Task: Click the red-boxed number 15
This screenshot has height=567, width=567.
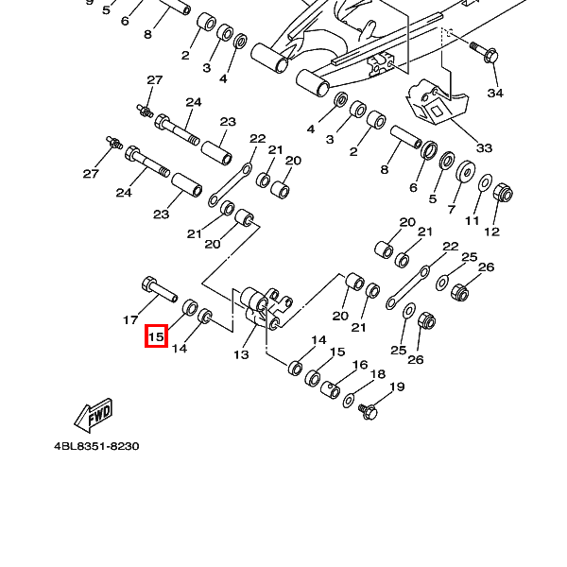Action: (x=156, y=335)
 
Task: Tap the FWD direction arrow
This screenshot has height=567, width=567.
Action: (x=94, y=413)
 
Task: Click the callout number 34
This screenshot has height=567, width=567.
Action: (x=495, y=94)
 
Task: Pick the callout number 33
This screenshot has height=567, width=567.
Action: (x=484, y=148)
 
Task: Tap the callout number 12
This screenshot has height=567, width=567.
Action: (x=491, y=232)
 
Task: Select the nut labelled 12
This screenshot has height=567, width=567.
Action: (x=504, y=196)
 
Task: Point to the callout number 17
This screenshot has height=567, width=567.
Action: (x=131, y=321)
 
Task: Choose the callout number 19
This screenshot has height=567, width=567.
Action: (x=397, y=387)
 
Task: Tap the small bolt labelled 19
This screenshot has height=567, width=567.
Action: (x=369, y=411)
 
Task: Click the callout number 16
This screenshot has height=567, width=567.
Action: (x=360, y=365)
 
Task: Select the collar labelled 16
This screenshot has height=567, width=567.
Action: (x=332, y=388)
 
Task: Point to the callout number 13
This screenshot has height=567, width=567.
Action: (x=241, y=354)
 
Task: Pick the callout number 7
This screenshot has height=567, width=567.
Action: (x=452, y=210)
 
